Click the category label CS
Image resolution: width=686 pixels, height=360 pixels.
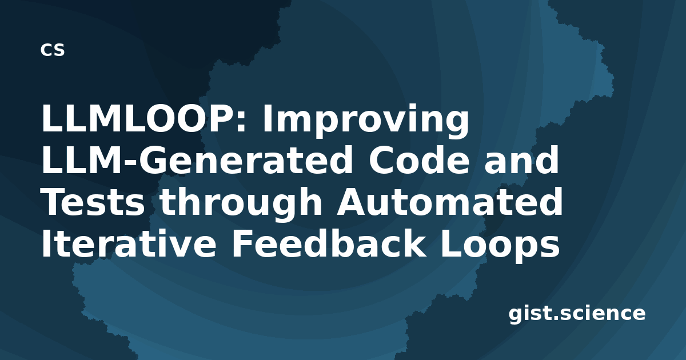click(53, 50)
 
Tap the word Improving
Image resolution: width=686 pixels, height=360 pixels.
click(366, 121)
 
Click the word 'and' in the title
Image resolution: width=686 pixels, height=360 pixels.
click(521, 161)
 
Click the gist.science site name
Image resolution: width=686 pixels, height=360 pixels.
click(577, 314)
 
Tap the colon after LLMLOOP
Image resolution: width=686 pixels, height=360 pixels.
click(241, 122)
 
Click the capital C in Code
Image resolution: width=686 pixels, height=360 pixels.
click(381, 161)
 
